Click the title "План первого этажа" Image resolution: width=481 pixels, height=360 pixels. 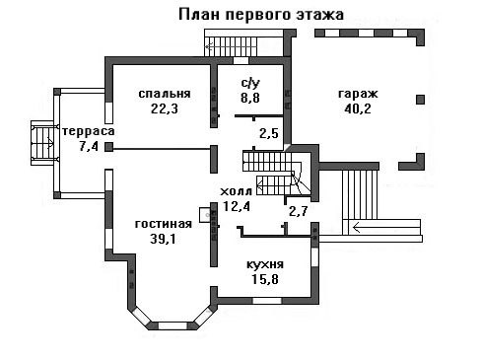pos(261,15)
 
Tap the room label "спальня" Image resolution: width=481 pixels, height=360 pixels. pos(165,94)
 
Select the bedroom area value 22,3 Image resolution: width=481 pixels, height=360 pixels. pos(165,108)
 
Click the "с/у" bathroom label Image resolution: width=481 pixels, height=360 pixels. pos(250,83)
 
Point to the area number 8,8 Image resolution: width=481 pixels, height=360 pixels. pos(250,98)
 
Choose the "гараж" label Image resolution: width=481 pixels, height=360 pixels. pos(358,94)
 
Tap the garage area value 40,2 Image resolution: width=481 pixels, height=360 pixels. pos(358,108)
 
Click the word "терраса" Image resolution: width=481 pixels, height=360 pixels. pos(89,131)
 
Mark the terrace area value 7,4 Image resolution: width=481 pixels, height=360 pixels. pos(89,146)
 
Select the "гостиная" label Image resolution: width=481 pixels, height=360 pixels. pos(164,224)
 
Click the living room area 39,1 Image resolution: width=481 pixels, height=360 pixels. pos(164,239)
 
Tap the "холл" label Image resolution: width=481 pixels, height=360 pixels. pos(237,191)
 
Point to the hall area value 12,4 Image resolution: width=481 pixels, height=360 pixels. pos(237,206)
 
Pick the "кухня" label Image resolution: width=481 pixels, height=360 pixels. pos(265,264)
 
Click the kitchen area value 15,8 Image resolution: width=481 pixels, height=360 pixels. pos(265,279)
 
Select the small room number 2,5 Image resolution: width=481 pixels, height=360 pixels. pos(269,133)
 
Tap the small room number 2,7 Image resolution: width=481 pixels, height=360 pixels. pos(299,211)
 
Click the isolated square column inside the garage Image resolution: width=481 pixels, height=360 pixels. pos(420,100)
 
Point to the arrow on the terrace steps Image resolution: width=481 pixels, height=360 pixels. pos(50,142)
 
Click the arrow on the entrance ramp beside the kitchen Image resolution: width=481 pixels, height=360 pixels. pos(386,227)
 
